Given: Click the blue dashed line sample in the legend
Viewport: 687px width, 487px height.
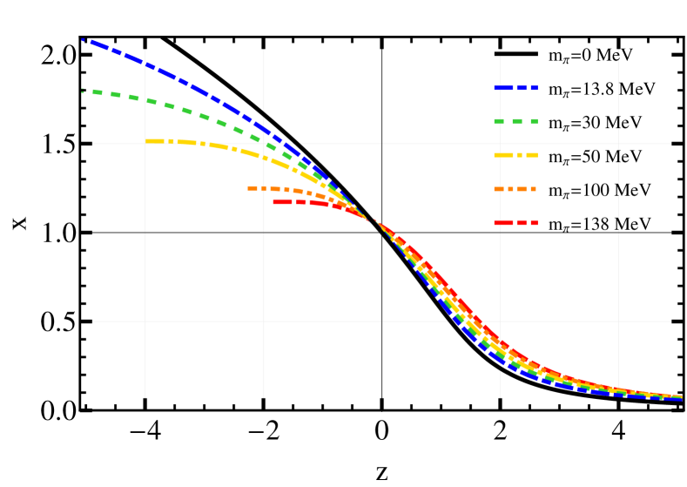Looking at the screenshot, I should pyautogui.click(x=515, y=88).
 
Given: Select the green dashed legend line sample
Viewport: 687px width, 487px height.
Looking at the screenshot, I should pyautogui.click(x=515, y=122).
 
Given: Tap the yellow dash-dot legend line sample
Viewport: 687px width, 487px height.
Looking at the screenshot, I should pyautogui.click(x=515, y=155).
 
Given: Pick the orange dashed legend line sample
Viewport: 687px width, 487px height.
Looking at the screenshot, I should pyautogui.click(x=515, y=189).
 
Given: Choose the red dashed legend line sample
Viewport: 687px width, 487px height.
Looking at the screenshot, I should pyautogui.click(x=515, y=223).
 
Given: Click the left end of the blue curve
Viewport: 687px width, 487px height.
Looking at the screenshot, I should pyautogui.click(x=84, y=39).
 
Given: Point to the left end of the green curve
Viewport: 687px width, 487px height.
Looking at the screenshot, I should pyautogui.click(x=83, y=91).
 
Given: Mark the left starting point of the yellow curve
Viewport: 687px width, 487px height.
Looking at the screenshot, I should pyautogui.click(x=147, y=140).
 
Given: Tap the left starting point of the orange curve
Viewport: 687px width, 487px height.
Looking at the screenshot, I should pyautogui.click(x=249, y=188).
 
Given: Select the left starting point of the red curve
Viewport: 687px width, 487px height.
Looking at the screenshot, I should pyautogui.click(x=274, y=202).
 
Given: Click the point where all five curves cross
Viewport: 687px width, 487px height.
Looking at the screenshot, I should pyautogui.click(x=373, y=220).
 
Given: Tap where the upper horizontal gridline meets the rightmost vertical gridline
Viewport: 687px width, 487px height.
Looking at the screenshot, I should pyautogui.click(x=618, y=144).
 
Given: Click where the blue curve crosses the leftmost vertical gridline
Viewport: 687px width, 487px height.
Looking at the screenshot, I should pyautogui.click(x=145, y=64).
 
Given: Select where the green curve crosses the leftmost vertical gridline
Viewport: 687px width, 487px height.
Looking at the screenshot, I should pyautogui.click(x=145, y=100).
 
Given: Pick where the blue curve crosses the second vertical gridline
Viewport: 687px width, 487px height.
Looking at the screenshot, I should pyautogui.click(x=264, y=129).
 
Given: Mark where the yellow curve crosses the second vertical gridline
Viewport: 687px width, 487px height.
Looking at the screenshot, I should pyautogui.click(x=264, y=157).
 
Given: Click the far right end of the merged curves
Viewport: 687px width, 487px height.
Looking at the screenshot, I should pyautogui.click(x=681, y=398).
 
